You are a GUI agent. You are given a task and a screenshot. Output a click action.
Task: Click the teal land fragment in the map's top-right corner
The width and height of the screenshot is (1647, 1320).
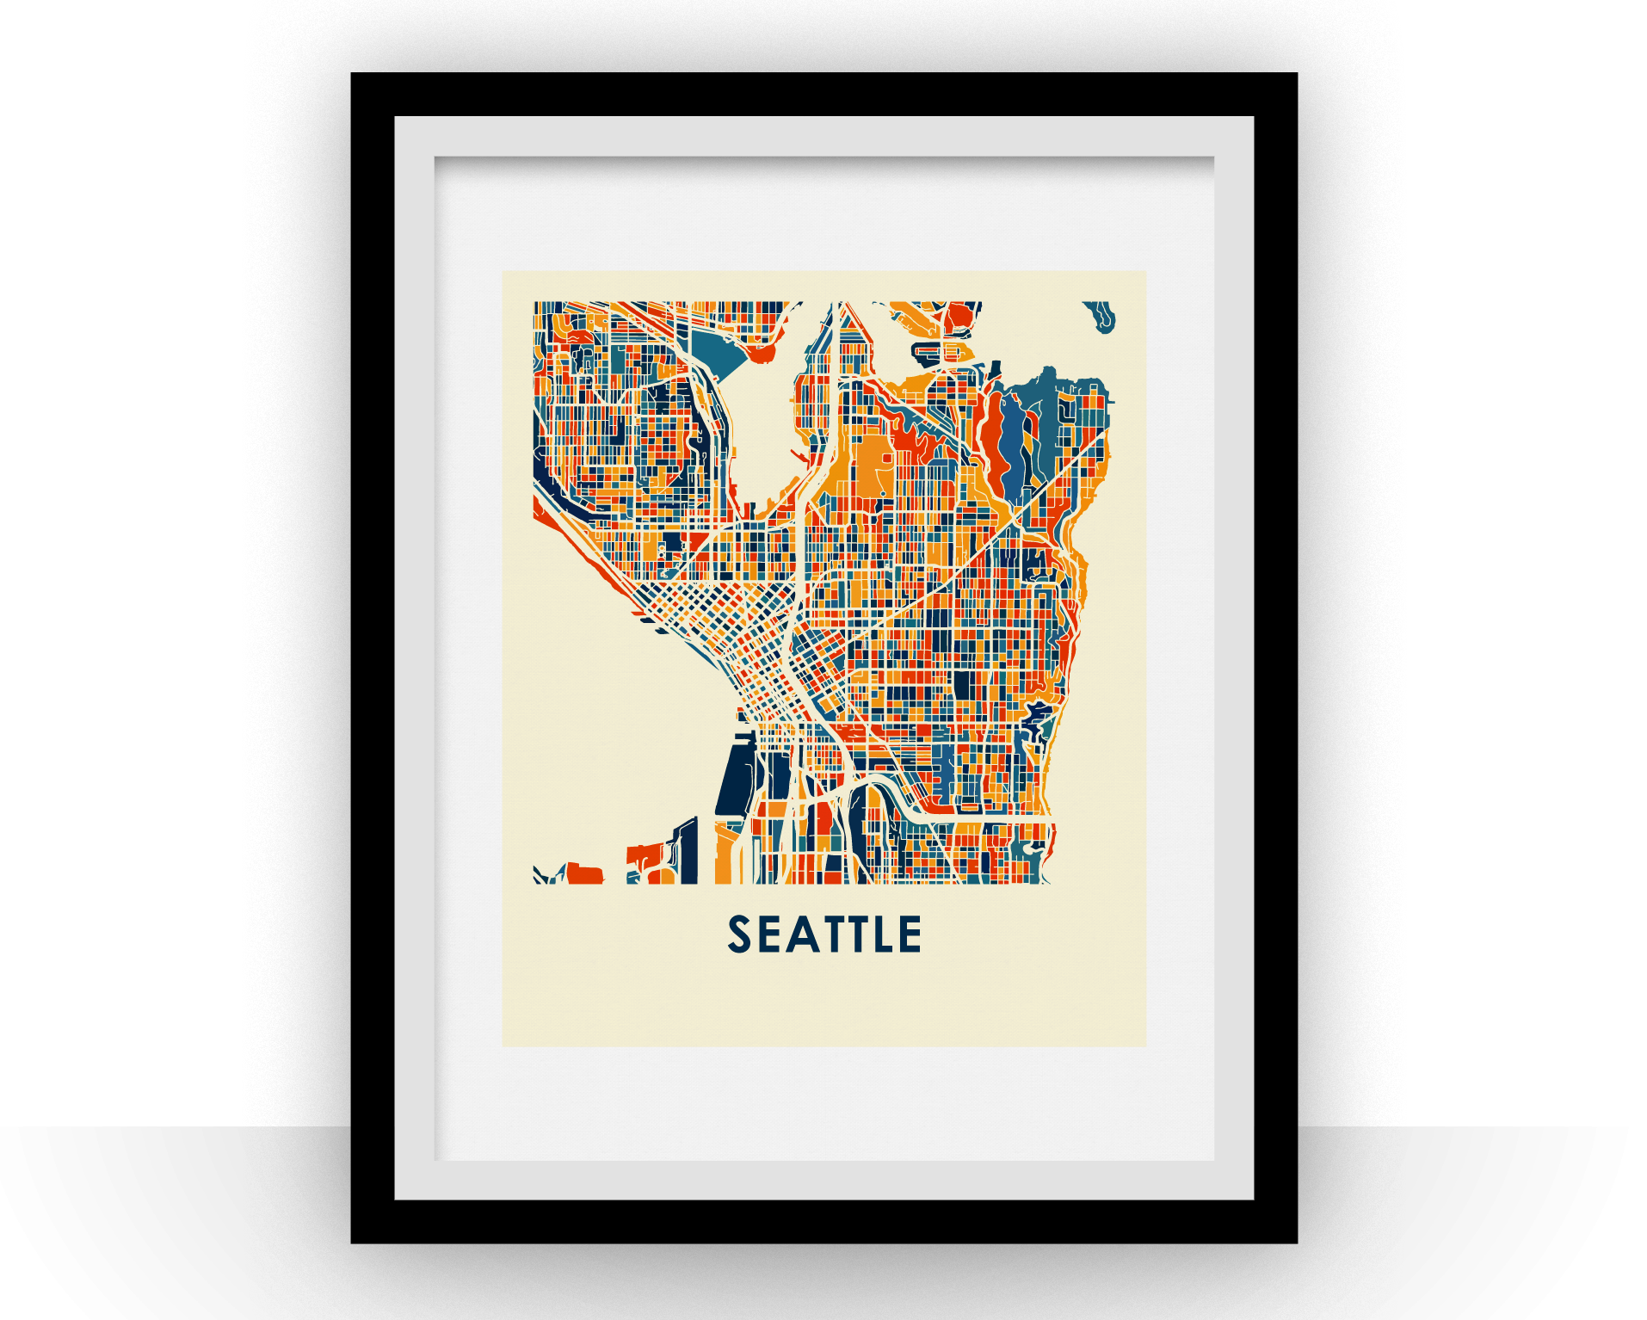tap(1101, 316)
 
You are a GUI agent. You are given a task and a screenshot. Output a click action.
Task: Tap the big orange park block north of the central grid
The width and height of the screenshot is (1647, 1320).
tap(871, 466)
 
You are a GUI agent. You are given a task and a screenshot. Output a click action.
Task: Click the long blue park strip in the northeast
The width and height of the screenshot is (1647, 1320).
tap(1014, 447)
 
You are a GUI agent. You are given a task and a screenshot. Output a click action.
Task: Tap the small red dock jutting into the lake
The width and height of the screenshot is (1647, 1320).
tap(762, 354)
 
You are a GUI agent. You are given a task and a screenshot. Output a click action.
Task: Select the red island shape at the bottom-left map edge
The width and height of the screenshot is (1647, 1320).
tap(584, 873)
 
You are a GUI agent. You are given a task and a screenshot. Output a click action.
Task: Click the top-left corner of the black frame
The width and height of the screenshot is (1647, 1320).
tap(354, 76)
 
